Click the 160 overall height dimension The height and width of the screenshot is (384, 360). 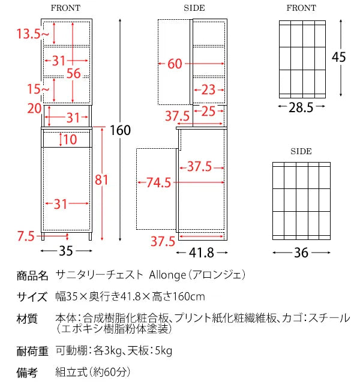120,130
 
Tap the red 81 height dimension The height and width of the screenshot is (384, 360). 101,180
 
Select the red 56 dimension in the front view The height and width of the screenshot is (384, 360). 73,73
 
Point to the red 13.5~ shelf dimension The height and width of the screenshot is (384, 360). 33,34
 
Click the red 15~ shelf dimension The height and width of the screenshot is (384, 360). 38,89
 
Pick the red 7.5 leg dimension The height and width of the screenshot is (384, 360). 26,236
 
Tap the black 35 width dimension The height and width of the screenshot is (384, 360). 66,251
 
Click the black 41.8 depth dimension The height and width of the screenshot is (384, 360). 202,253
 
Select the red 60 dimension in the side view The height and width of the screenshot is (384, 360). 175,64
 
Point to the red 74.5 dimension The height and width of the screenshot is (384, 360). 158,182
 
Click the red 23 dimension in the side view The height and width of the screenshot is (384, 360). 208,89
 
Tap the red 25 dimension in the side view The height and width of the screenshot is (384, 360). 208,111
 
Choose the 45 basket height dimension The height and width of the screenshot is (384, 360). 339,57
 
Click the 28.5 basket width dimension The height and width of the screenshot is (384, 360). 301,107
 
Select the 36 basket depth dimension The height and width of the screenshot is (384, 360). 301,253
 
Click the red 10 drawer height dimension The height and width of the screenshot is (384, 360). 70,139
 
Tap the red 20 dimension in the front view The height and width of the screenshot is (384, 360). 34,109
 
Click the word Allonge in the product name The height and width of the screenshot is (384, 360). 168,275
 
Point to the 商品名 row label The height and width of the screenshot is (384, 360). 32,276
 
